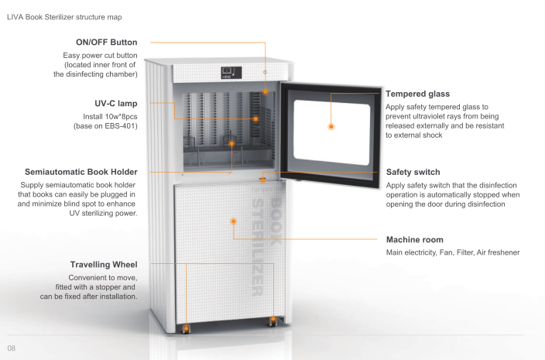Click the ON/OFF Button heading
pyautogui.click(x=106, y=43)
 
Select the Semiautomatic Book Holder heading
pyautogui.click(x=81, y=171)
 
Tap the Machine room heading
pyautogui.click(x=414, y=239)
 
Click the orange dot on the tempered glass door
pyautogui.click(x=331, y=125)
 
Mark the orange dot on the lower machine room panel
pyautogui.click(x=232, y=221)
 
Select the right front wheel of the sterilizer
pyautogui.click(x=272, y=320)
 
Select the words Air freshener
pyautogui.click(x=499, y=253)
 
